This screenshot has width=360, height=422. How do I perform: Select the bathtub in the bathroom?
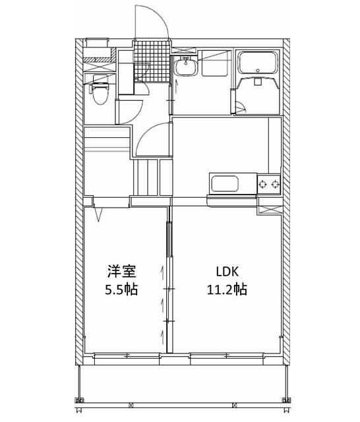[259, 63]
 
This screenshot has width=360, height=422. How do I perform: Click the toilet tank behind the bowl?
[100, 82]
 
